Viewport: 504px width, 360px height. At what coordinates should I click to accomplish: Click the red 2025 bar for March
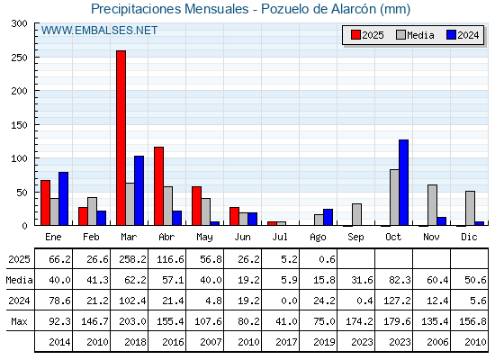121,138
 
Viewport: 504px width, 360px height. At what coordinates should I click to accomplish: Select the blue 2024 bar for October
404,183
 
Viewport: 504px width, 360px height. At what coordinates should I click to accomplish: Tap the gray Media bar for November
432,205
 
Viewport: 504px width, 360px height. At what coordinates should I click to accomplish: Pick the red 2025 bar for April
158,186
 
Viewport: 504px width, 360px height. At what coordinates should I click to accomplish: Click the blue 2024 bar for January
63,199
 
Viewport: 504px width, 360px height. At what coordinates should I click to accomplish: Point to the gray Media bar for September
356,214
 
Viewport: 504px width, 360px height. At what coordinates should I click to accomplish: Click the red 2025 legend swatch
355,35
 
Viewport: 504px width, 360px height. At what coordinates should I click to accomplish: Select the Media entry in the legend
415,35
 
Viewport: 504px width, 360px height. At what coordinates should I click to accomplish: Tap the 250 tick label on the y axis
20,58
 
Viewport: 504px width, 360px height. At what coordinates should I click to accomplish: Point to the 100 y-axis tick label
20,158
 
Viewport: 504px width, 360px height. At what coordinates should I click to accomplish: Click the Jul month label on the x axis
280,237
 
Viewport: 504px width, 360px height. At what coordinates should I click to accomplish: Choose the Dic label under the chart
469,237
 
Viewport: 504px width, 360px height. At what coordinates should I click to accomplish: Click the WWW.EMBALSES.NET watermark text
99,31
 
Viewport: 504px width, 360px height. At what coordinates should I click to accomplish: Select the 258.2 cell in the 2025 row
132,259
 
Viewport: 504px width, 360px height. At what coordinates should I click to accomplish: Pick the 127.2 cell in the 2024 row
397,301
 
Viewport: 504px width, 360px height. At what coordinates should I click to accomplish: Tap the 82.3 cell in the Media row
400,280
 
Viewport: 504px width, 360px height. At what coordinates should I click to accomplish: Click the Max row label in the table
19,321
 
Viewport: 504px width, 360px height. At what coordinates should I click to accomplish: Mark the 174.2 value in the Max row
359,321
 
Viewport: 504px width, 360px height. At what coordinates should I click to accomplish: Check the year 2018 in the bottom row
135,342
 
